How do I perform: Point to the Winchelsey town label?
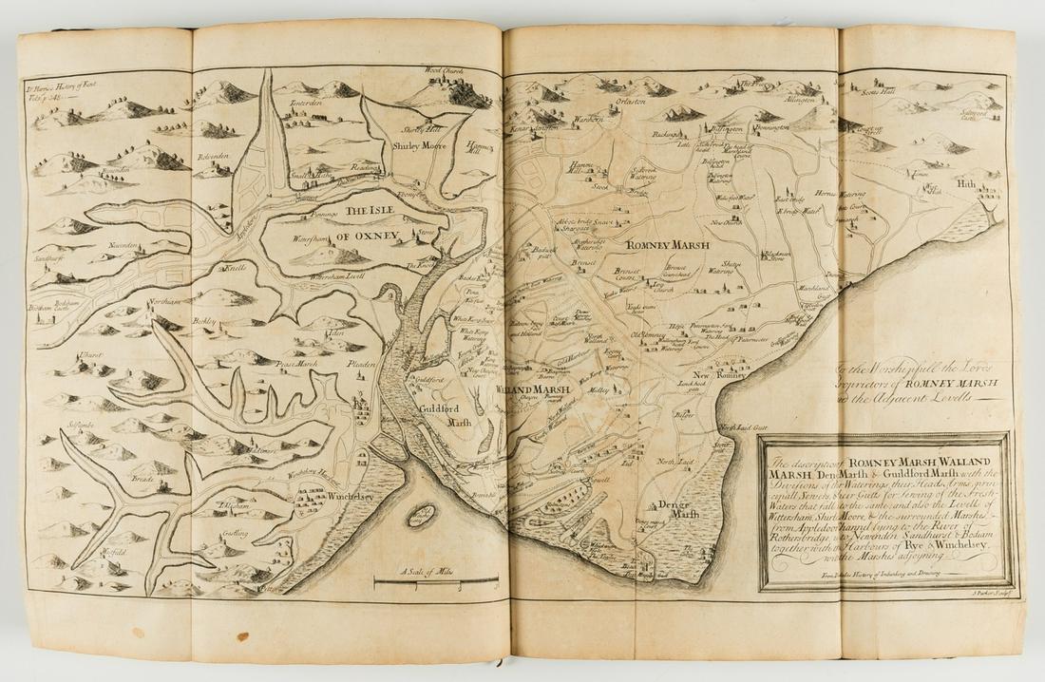329,496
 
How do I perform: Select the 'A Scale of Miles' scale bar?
435,578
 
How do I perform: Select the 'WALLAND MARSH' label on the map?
532,390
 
